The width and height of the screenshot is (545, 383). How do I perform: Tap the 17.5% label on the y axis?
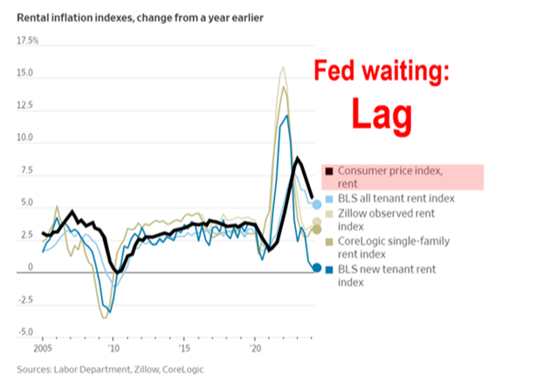tap(27, 41)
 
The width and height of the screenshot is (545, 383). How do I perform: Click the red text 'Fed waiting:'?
tap(383, 72)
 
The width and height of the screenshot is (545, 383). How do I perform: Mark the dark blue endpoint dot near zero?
tap(316, 268)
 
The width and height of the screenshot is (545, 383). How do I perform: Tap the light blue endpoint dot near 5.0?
tap(316, 204)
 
